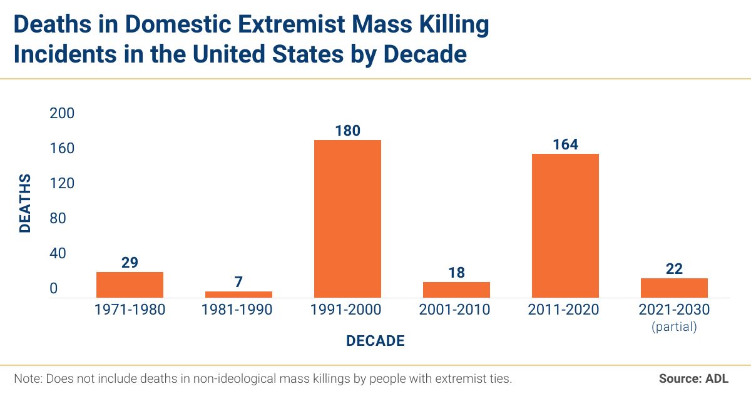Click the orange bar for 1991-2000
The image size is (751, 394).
pyautogui.click(x=347, y=218)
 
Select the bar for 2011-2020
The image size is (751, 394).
pyautogui.click(x=565, y=225)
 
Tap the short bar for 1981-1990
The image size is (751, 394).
pyautogui.click(x=238, y=294)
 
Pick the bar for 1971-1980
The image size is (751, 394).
pyautogui.click(x=130, y=285)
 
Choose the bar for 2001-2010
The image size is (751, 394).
pyautogui.click(x=456, y=290)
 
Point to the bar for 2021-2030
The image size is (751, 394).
pyautogui.click(x=674, y=288)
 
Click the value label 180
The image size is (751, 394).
pyautogui.click(x=347, y=130)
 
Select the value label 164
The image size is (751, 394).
pyautogui.click(x=565, y=144)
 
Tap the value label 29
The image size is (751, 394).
pyautogui.click(x=130, y=263)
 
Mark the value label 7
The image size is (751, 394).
pyautogui.click(x=238, y=282)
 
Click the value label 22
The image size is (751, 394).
pyautogui.click(x=674, y=269)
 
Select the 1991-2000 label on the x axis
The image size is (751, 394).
pyautogui.click(x=347, y=310)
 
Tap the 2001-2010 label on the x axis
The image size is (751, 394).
pyautogui.click(x=456, y=310)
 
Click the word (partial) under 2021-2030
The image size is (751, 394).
pyautogui.click(x=674, y=326)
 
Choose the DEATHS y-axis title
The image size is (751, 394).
pyautogui.click(x=25, y=204)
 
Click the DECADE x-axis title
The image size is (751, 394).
pyautogui.click(x=375, y=341)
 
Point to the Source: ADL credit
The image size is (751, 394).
pyautogui.click(x=693, y=378)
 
